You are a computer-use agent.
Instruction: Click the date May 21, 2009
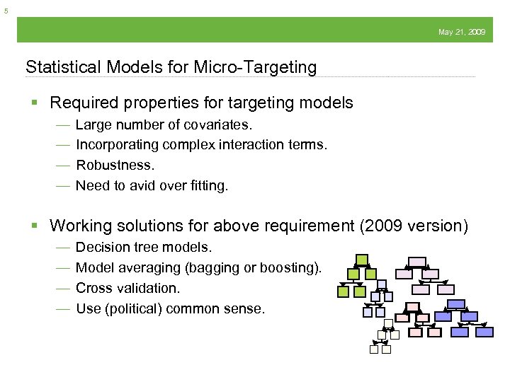pyautogui.click(x=462, y=32)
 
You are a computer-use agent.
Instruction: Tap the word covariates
pyautogui.click(x=220, y=125)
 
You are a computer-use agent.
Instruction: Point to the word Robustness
pyautogui.click(x=115, y=165)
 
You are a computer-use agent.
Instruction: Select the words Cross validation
pyautogui.click(x=127, y=288)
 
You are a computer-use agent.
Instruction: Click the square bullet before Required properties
pyautogui.click(x=35, y=103)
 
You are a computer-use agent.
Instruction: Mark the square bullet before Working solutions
pyautogui.click(x=35, y=226)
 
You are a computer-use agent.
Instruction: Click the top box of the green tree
pyautogui.click(x=362, y=260)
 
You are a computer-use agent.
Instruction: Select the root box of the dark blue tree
pyautogui.click(x=455, y=304)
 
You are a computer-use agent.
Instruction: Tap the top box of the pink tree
pyautogui.click(x=412, y=307)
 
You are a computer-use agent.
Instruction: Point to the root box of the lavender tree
pyautogui.click(x=417, y=262)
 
